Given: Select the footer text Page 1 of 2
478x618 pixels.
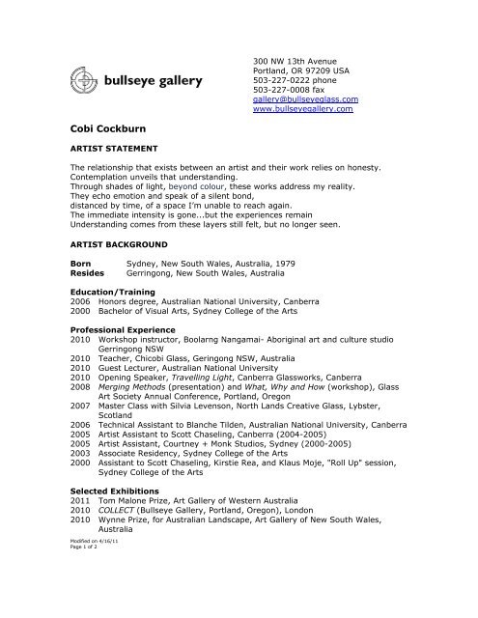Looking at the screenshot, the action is coord(88,604).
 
